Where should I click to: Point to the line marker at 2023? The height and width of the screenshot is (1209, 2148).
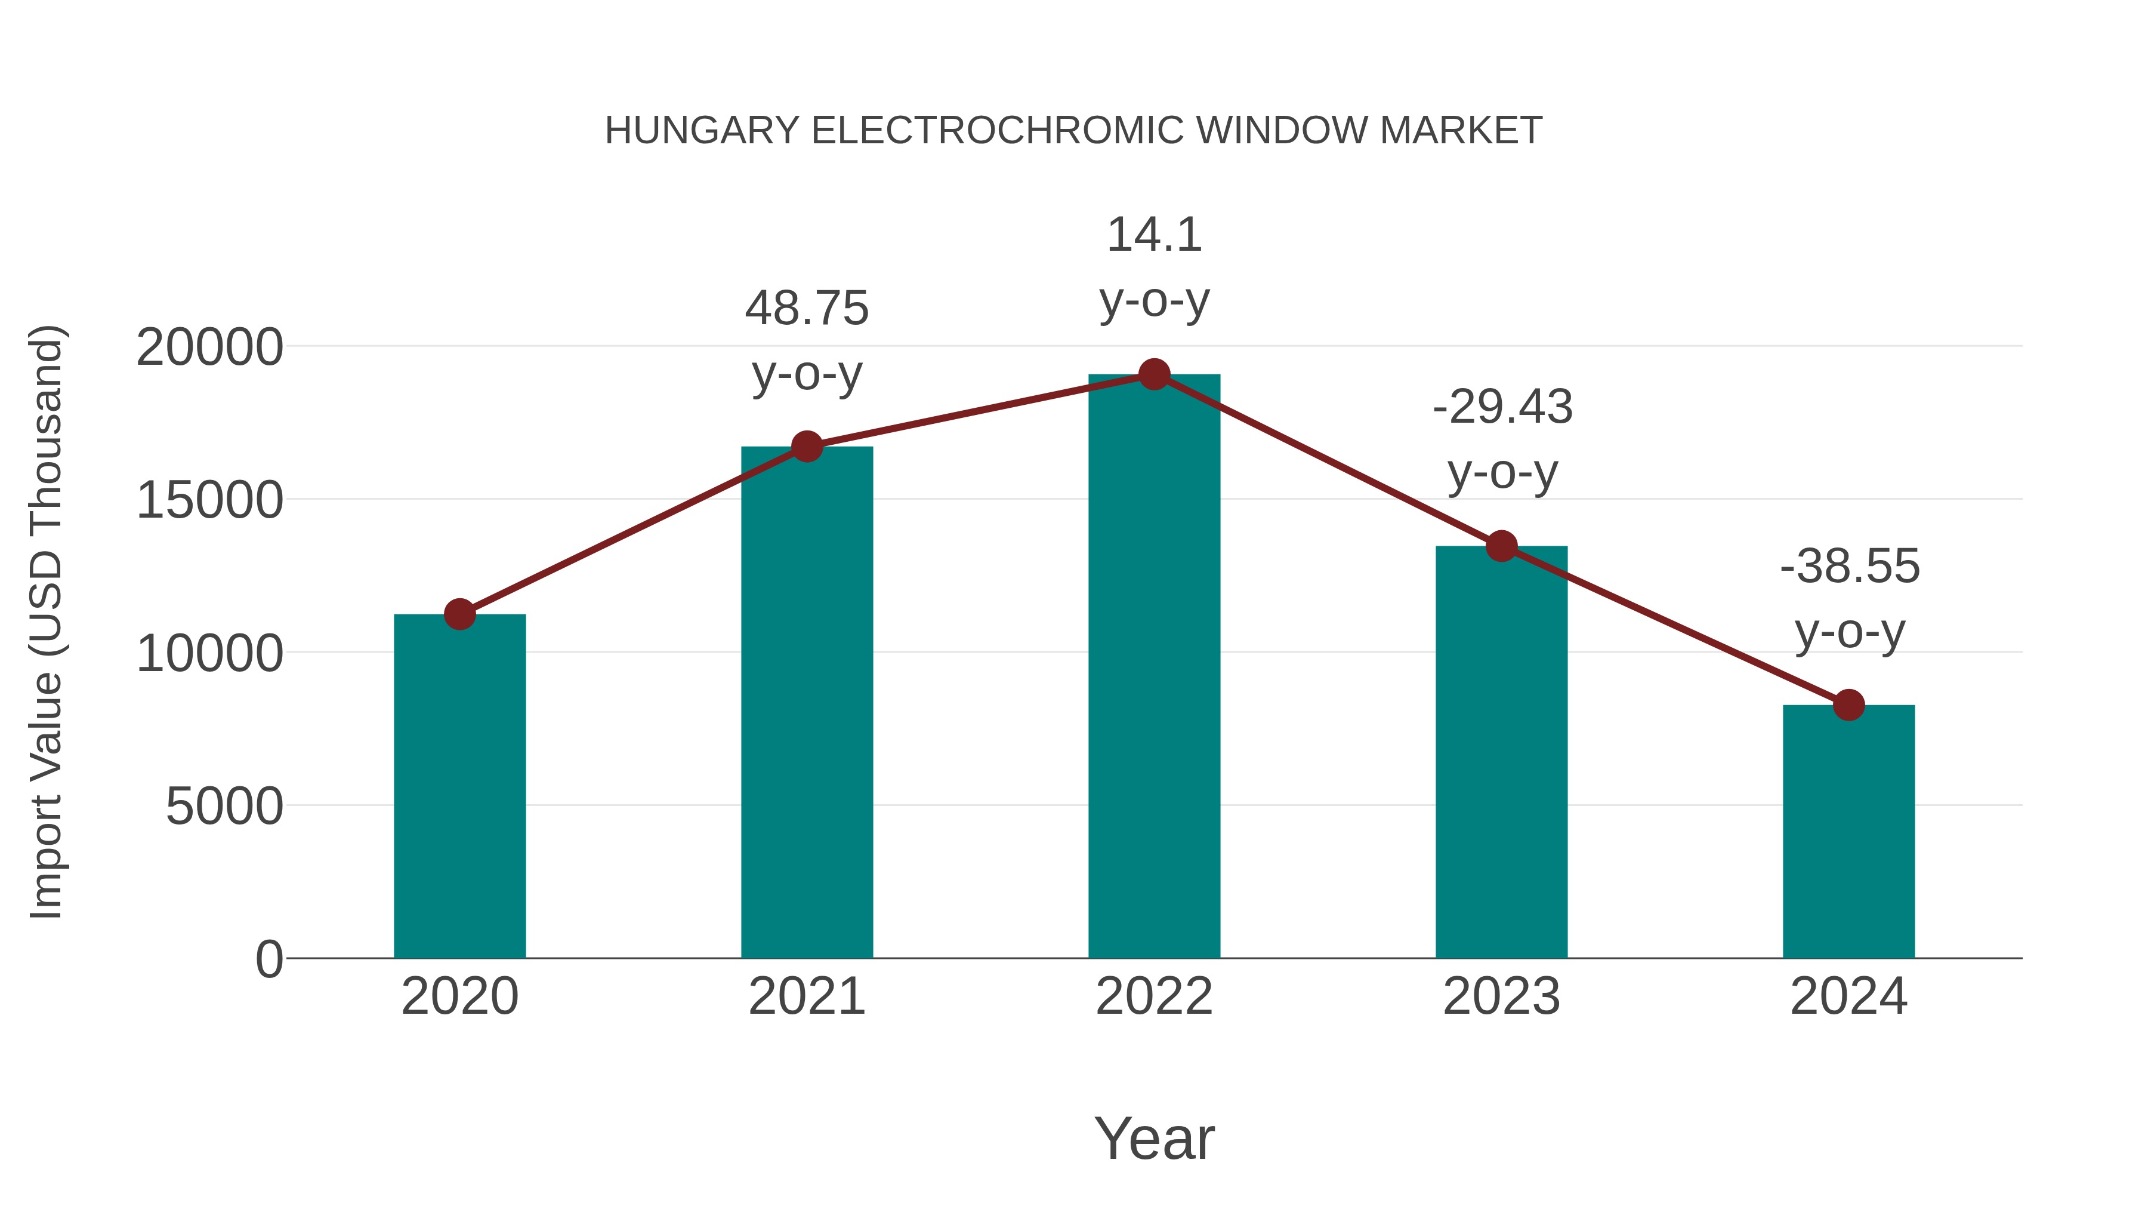tap(1502, 546)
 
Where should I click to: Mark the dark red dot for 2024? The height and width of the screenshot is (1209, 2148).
tap(1848, 705)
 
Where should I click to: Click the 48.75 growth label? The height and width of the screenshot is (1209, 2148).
tap(806, 308)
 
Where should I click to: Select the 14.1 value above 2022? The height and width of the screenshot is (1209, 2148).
tap(1154, 235)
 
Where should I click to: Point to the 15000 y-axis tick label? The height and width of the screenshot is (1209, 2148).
tap(209, 501)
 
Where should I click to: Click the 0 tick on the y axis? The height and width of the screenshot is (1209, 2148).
tap(268, 959)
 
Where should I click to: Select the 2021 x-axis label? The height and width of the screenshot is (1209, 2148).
tap(806, 996)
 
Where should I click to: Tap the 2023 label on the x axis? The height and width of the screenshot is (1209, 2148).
tap(1501, 996)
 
